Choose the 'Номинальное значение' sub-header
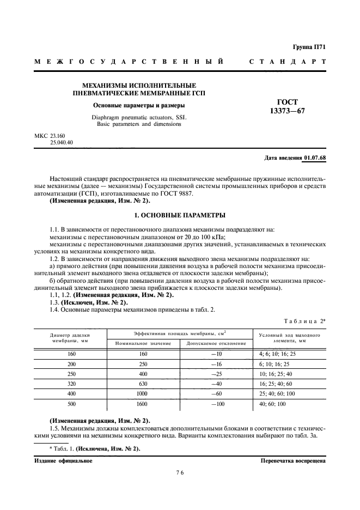[x=143, y=343]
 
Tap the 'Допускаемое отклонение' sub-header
[x=216, y=343]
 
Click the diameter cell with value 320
[x=71, y=383]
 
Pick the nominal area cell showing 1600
[x=143, y=404]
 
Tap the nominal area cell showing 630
[x=143, y=383]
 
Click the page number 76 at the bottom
[x=180, y=473]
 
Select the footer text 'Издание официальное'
[x=63, y=460]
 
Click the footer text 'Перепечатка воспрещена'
[x=293, y=460]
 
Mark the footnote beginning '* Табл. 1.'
[x=95, y=448]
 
